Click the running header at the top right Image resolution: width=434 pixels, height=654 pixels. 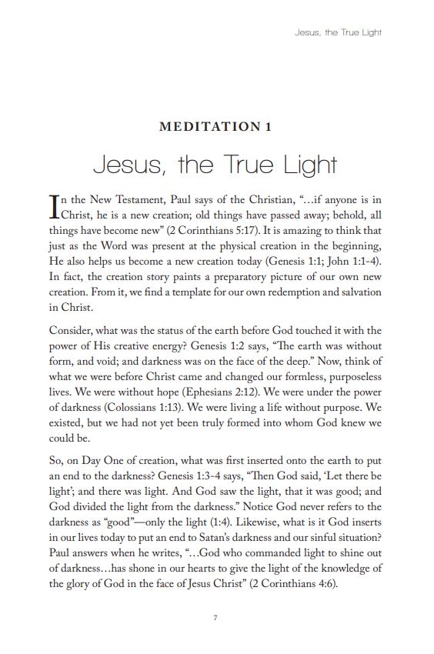tap(339, 32)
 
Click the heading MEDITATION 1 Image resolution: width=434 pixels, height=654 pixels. tap(215, 127)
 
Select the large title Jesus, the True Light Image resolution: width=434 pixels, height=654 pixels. tap(215, 164)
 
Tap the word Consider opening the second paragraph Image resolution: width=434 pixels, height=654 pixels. tap(71, 331)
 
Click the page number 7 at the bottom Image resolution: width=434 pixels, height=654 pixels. tap(216, 618)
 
